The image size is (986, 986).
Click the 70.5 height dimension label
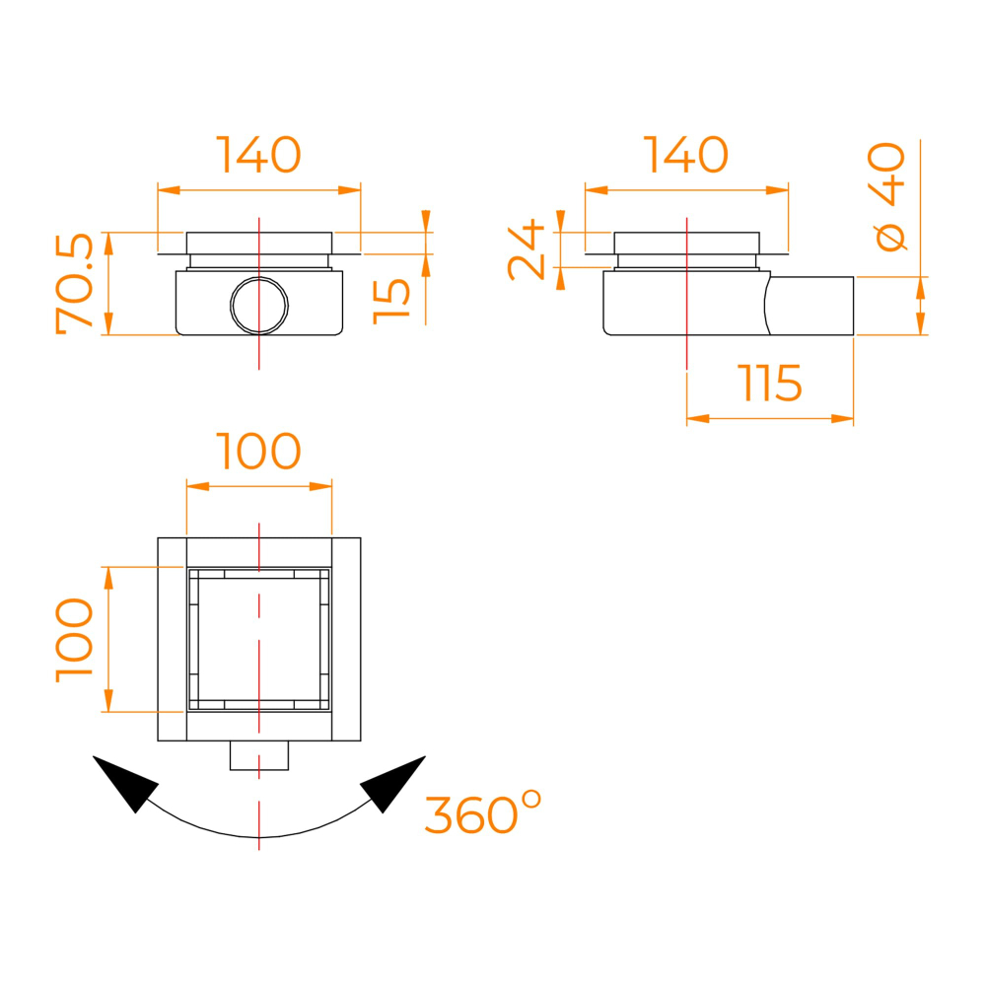coord(75,283)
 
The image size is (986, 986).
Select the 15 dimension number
coord(391,302)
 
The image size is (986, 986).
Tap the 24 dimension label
coord(526,249)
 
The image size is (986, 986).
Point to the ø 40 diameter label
coord(886,197)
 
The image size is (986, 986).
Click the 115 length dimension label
coord(771,383)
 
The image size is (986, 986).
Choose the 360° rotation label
coord(483,813)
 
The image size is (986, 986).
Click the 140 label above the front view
coord(258,154)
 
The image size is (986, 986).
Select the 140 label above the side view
coord(686,154)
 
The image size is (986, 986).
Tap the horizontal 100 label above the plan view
coord(258,451)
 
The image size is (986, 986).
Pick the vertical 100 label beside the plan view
coord(75,640)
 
